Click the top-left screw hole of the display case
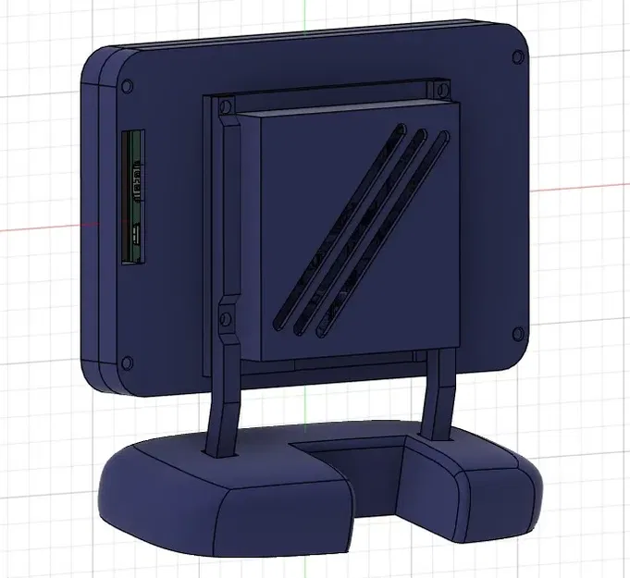127,85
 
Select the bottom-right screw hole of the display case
515,334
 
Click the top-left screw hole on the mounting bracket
222,107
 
